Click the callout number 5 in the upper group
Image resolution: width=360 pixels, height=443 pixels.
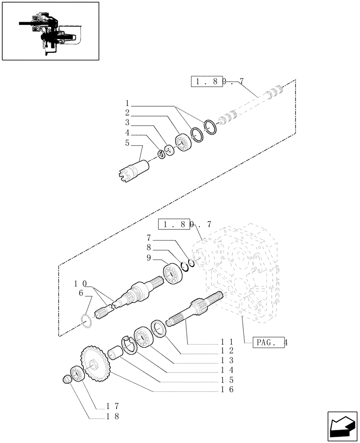point(127,143)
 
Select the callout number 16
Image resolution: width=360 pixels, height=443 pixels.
point(225,390)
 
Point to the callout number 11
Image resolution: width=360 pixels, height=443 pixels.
point(225,342)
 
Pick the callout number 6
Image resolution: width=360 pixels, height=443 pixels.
point(81,293)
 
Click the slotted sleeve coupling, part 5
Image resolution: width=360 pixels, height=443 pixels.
point(135,170)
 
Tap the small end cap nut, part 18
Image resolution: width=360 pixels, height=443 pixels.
point(68,379)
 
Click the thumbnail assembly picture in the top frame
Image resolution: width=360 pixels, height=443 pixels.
point(50,31)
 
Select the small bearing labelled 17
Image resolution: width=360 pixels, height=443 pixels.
point(77,373)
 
